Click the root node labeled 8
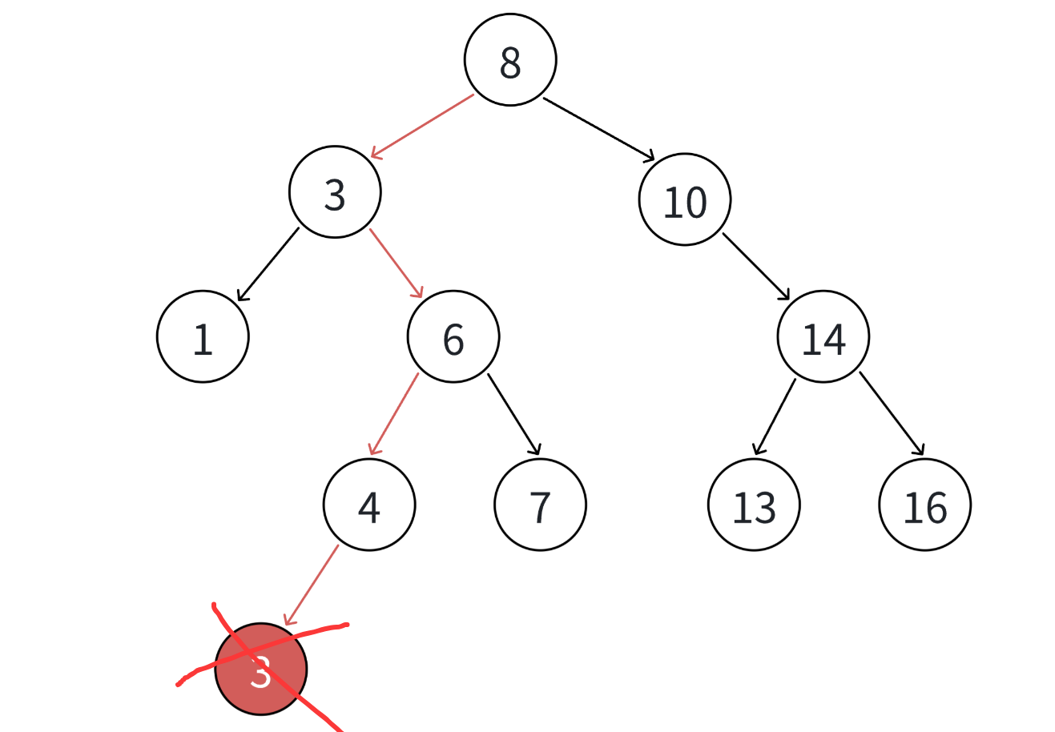pyautogui.click(x=510, y=60)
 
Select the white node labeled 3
pyautogui.click(x=335, y=192)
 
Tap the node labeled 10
pyautogui.click(x=685, y=200)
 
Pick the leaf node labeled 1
pyautogui.click(x=203, y=337)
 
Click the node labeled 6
pyautogui.click(x=453, y=337)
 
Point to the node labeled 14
pyautogui.click(x=823, y=337)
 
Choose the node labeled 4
pyautogui.click(x=369, y=505)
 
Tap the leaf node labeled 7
pyautogui.click(x=541, y=505)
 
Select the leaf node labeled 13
pyautogui.click(x=754, y=505)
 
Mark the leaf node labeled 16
pyautogui.click(x=925, y=505)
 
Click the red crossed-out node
pyautogui.click(x=261, y=670)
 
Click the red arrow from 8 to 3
pyautogui.click(x=422, y=127)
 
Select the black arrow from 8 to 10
pyautogui.click(x=598, y=129)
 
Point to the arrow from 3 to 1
pyautogui.click(x=268, y=264)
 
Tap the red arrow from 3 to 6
pyautogui.click(x=396, y=263)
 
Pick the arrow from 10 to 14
pyautogui.click(x=756, y=267)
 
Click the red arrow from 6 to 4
pyautogui.click(x=393, y=414)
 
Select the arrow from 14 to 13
pyautogui.click(x=775, y=416)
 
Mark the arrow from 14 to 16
pyautogui.click(x=892, y=414)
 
